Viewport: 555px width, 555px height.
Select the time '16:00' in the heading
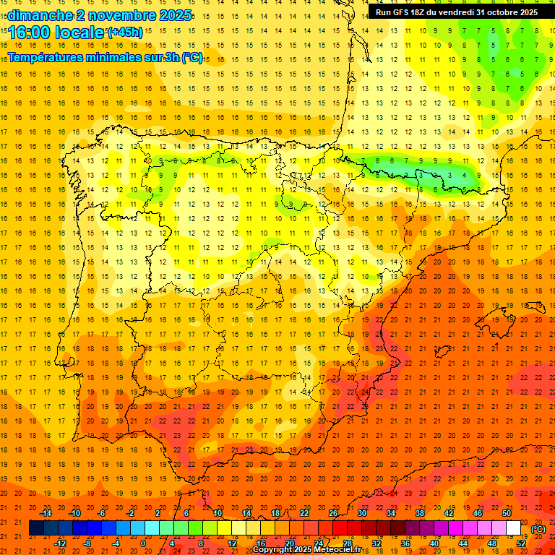coord(30,33)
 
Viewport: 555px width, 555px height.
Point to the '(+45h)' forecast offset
coord(125,32)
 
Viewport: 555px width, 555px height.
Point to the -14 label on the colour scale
coord(46,513)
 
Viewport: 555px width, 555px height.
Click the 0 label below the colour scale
coord(144,543)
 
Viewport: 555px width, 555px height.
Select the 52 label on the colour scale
coord(521,543)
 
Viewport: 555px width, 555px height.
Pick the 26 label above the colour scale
coord(333,513)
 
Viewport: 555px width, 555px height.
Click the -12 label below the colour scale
coord(60,543)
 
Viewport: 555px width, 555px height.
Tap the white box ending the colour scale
coord(513,528)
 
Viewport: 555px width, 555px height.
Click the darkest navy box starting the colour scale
coord(36,528)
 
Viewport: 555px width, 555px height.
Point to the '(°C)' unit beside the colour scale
coord(538,529)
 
